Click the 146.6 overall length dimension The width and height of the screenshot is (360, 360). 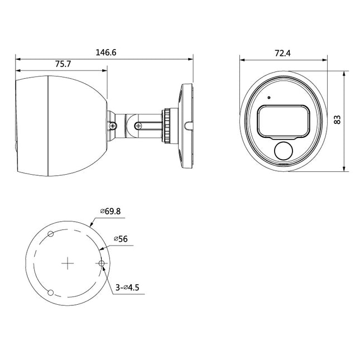105,52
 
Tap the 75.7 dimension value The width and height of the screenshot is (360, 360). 63,64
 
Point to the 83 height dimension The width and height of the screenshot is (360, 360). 338,121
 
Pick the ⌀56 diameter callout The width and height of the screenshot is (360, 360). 121,238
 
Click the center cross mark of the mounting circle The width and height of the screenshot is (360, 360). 68,263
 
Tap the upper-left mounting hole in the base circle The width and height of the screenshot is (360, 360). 50,233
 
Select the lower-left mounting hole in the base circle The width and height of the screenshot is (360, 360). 50,293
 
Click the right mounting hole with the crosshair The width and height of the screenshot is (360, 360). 102,263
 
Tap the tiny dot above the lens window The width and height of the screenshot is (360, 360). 269,98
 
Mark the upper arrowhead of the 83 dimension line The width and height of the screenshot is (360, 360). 346,73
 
